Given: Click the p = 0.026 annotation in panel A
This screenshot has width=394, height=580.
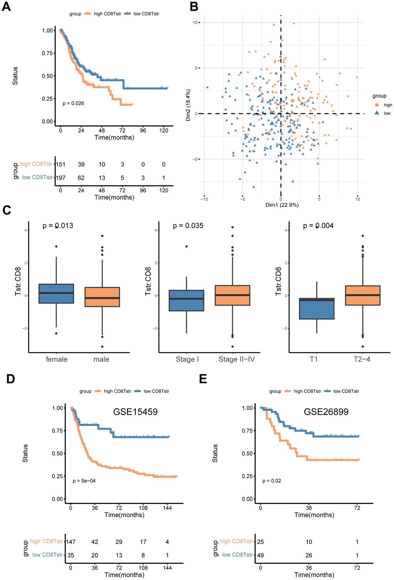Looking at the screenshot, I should [73, 104].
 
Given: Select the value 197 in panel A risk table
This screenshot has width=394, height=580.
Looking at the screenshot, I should [61, 178].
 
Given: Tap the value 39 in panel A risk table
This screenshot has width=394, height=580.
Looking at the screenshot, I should [81, 165].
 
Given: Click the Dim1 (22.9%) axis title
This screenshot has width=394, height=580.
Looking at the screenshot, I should [282, 205].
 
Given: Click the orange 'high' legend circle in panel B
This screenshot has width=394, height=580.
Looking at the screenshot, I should [377, 105].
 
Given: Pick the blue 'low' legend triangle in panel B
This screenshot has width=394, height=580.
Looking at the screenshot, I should [377, 113].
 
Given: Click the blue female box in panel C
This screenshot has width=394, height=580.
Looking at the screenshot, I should [56, 294].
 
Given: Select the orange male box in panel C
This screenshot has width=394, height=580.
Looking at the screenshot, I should [102, 297].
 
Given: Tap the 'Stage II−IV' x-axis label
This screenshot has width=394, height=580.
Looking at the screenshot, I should [236, 359].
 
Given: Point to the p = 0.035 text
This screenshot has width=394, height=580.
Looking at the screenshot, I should [188, 226].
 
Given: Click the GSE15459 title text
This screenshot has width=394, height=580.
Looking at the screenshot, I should [135, 412].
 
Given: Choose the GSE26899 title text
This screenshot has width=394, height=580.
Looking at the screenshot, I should [326, 412].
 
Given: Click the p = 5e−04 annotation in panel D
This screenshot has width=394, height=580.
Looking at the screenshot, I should [84, 481].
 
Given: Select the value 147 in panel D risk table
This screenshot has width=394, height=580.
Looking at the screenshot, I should [71, 542].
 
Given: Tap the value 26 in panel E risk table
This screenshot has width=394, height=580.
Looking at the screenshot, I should [309, 555].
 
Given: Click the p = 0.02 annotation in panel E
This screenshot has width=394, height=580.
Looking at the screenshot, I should [272, 481].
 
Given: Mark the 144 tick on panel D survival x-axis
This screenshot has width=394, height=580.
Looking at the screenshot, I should [167, 508].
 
